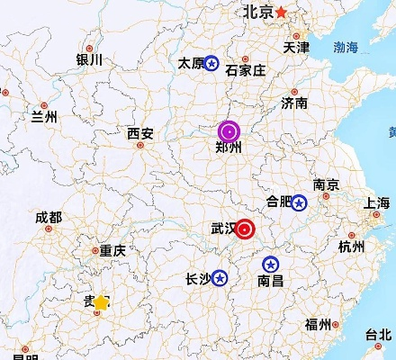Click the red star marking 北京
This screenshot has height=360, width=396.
pos(282,12)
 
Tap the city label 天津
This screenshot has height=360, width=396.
pos(296,47)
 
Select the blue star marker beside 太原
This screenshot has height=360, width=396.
pos(211,63)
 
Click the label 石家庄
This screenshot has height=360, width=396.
pos(244,70)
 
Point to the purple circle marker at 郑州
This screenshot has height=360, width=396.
pos(229,131)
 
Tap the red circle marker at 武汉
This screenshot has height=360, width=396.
pos(245,229)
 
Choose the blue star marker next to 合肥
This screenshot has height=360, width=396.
pos(299,202)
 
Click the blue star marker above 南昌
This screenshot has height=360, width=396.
pos(270,265)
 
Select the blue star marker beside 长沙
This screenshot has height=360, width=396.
pos(219,278)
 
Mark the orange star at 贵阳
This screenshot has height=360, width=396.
pos(101,303)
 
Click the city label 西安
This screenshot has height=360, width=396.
pos(139,134)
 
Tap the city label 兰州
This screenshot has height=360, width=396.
pos(44,117)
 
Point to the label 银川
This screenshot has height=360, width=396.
pos(89,60)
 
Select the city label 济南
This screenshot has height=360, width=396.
pos(293,103)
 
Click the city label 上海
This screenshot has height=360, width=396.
pos(377,203)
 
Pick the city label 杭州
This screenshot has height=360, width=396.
pos(351,247)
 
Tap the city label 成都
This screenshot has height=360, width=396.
pos(49,218)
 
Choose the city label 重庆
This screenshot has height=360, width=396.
pos(112,252)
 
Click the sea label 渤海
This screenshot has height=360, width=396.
pos(346,47)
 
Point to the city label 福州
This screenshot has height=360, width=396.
pos(318,325)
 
